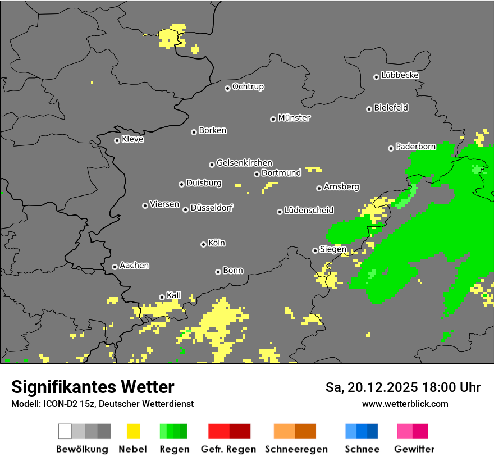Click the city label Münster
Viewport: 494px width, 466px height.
point(294,118)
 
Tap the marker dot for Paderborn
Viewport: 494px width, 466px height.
point(391,148)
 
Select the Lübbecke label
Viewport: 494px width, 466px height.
point(400,75)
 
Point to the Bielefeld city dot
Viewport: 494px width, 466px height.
point(369,109)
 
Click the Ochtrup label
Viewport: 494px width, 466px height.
point(248,87)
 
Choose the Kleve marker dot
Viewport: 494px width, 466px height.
point(117,140)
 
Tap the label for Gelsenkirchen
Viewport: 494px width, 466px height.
point(244,163)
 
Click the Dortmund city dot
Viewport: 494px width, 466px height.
point(257,174)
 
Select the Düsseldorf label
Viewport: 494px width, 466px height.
point(212,208)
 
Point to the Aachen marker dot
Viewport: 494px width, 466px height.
point(115,267)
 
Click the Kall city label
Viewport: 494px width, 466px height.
point(174,295)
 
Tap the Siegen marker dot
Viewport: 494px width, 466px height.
point(315,250)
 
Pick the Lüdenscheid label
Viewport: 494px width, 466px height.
point(309,211)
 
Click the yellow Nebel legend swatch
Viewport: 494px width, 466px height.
point(133,431)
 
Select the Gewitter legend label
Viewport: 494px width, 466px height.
point(414,449)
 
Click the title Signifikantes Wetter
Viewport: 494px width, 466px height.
point(93,387)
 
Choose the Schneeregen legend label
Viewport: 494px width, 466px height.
point(296,449)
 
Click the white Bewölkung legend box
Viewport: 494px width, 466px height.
point(65,431)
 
